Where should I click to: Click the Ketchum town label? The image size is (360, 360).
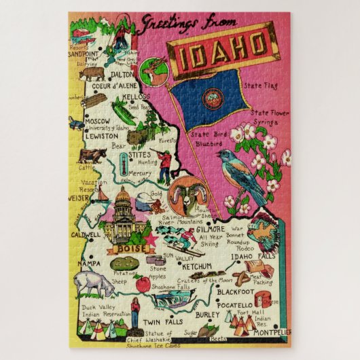click(x=198, y=266)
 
